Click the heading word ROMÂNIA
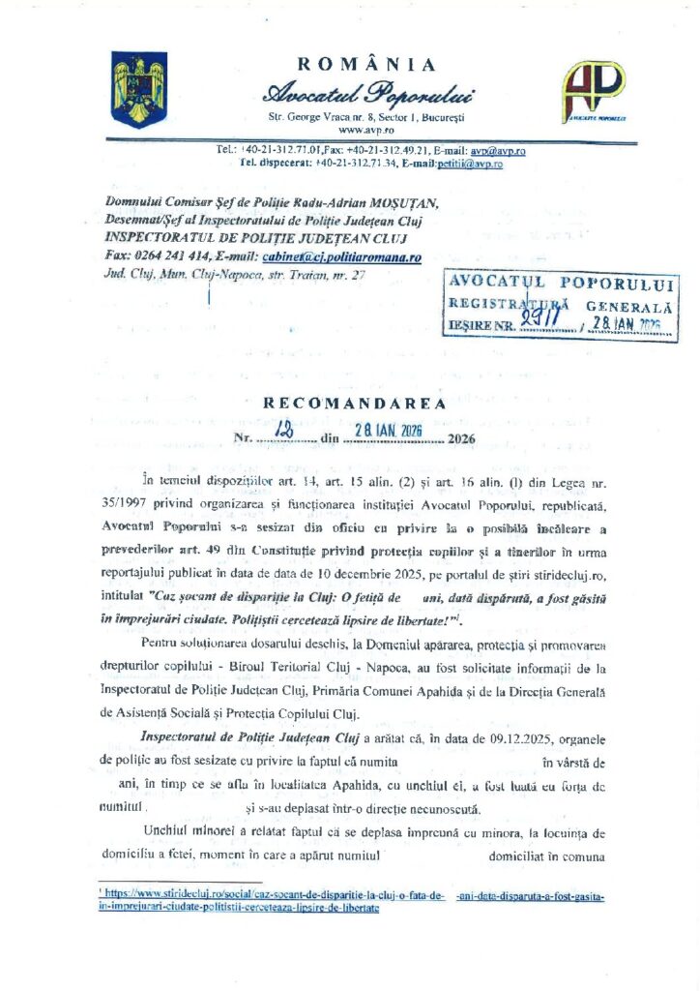click(x=366, y=65)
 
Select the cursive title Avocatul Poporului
click(x=371, y=95)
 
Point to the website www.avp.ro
click(x=365, y=129)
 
